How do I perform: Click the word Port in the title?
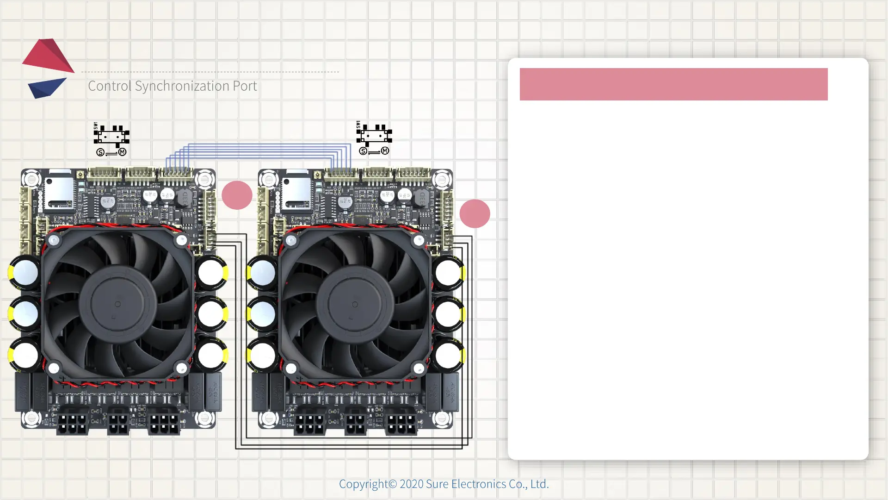[x=245, y=86]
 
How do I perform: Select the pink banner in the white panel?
[x=673, y=84]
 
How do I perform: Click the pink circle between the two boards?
[x=237, y=195]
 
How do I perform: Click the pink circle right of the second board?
[x=475, y=213]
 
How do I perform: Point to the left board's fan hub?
[x=117, y=304]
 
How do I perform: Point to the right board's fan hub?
[x=355, y=304]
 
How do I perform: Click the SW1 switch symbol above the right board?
[x=374, y=135]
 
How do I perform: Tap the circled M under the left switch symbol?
[x=122, y=152]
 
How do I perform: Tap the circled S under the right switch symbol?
[x=363, y=151]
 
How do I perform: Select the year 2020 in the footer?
[x=411, y=484]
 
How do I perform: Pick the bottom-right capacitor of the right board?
[x=448, y=356]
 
